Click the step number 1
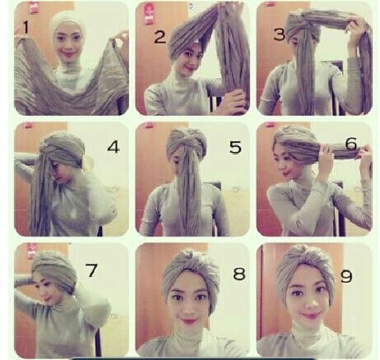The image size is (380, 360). (25, 27)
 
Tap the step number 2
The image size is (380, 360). (160, 37)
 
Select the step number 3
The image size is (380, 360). (279, 35)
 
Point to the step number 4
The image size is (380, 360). (114, 147)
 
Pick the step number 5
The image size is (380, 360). (235, 147)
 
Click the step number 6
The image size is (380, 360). (351, 144)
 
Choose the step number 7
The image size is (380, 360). (91, 270)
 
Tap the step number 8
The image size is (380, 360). (239, 274)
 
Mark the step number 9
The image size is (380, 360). (346, 276)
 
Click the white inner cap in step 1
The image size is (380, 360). (67, 23)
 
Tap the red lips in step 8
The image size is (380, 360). (188, 321)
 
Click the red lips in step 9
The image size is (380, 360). (310, 316)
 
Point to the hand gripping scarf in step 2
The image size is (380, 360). (232, 102)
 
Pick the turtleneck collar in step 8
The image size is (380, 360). (188, 337)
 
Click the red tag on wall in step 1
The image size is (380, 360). (33, 7)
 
